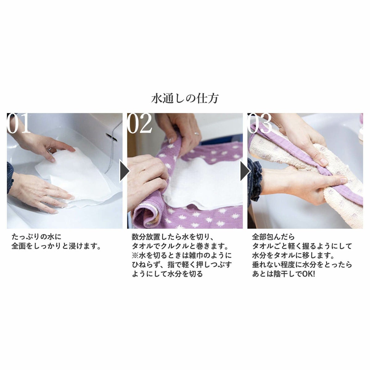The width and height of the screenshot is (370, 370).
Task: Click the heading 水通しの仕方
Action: [x=185, y=99]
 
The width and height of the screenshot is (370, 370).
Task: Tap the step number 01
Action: [x=18, y=123]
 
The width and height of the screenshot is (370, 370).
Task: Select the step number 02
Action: [x=140, y=123]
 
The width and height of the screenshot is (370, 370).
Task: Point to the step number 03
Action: [x=260, y=123]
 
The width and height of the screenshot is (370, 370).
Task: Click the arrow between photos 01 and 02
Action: [x=125, y=170]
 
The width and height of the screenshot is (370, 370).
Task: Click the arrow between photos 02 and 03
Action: [x=245, y=170]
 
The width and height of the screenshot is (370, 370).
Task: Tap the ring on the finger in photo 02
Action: [x=196, y=134]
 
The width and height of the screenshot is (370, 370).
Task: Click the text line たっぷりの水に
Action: [x=36, y=237]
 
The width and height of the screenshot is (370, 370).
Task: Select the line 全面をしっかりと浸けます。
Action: [x=56, y=246]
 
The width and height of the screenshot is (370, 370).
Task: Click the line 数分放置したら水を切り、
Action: [x=172, y=237]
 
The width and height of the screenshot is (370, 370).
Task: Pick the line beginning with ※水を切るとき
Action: [x=182, y=255]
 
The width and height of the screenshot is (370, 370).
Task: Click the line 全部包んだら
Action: [x=273, y=237]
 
